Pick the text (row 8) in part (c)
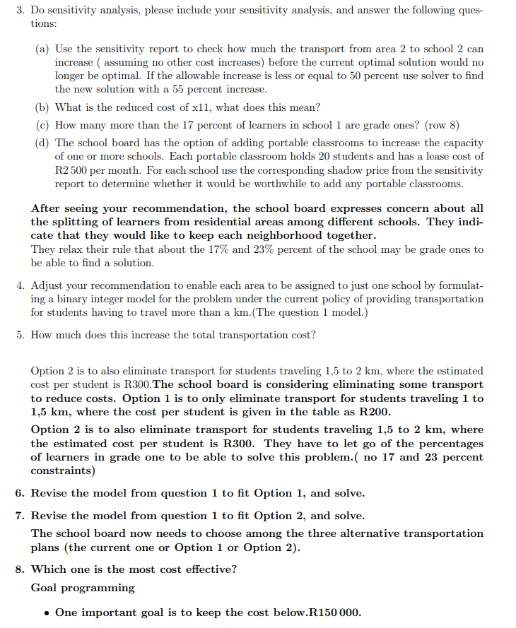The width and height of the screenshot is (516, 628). (442, 125)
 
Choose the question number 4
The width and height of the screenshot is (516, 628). (20, 285)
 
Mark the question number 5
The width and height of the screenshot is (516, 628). (20, 334)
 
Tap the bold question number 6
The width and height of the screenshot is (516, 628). (20, 493)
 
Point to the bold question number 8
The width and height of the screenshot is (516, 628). (20, 569)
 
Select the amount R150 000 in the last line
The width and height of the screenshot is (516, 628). (334, 612)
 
